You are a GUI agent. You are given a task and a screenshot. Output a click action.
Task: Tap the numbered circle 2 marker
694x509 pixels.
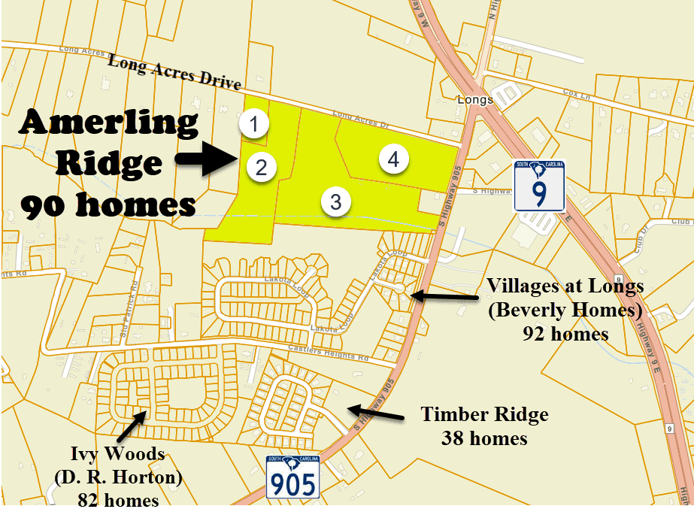click(x=260, y=166)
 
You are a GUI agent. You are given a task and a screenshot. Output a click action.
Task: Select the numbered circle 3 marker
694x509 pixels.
click(x=335, y=201)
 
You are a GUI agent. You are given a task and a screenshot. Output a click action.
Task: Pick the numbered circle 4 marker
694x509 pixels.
click(x=393, y=159)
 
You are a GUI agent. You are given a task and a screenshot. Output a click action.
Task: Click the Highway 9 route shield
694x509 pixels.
click(x=539, y=186)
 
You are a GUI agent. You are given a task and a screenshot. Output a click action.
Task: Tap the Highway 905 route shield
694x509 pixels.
click(x=293, y=477)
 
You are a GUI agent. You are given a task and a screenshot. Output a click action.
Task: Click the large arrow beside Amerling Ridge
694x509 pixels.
click(x=205, y=161)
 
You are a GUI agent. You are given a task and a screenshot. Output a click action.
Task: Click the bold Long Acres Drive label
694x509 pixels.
click(x=174, y=72)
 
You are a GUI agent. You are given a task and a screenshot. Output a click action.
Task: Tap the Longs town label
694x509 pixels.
click(x=474, y=99)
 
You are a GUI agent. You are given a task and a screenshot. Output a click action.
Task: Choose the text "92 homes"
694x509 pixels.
click(x=565, y=333)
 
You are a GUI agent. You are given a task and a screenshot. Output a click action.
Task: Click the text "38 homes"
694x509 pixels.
click(x=484, y=437)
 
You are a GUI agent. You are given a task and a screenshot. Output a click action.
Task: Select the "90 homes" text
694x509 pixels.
click(x=108, y=205)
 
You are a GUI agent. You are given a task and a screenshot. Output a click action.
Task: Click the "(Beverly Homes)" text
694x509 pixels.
click(x=565, y=310)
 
